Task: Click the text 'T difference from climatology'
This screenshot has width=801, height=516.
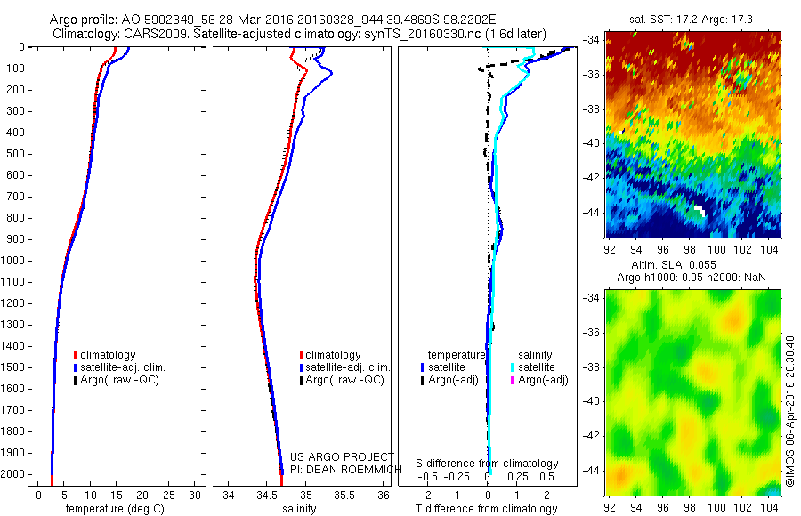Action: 487,509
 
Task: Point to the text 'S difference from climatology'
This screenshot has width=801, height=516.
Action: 487,464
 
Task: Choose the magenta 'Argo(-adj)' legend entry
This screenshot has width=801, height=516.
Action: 539,380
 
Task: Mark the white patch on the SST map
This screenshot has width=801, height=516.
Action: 700,211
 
